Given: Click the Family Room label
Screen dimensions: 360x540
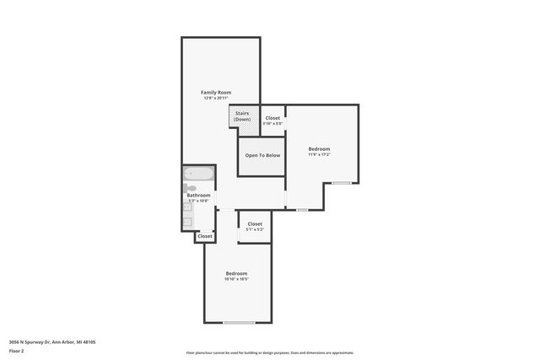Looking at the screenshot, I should coord(216,92).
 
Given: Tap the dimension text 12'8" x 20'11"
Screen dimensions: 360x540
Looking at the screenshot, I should coord(216,99).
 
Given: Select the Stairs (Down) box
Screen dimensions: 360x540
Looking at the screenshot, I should coord(242,116).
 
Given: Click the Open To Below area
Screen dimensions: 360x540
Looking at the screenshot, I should coord(262,156).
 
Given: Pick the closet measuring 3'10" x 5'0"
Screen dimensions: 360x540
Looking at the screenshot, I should coord(273,121).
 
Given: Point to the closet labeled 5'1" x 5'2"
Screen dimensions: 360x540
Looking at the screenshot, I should coord(255,227).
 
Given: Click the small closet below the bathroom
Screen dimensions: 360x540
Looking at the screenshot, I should coord(205,237).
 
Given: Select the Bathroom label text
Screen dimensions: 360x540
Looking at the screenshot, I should coord(198,196).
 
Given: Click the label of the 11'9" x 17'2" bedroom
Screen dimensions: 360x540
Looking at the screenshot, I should coord(319,149).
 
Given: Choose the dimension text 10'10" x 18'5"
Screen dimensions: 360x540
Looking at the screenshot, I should coord(236,279).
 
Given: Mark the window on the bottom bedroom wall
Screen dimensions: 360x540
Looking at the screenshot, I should coord(239,323).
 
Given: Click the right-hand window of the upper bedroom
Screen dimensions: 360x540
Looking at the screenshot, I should coord(341,183).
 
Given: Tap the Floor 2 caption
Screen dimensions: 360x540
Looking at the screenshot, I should coord(18,352).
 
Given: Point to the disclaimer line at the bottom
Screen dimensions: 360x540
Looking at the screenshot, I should coord(270,352).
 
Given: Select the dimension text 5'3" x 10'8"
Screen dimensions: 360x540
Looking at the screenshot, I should coord(198,201).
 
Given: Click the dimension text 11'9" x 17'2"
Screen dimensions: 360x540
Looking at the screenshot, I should coord(319,155).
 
